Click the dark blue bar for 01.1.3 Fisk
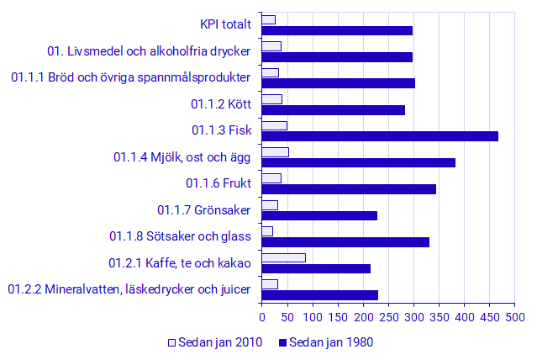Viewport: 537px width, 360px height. (380, 136)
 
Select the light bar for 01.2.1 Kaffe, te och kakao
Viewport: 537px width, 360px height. (283, 257)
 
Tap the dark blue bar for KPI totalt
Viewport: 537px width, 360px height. (337, 30)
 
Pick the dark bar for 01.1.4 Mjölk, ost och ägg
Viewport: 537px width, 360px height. (358, 162)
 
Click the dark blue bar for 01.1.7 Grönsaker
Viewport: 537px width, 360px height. (319, 215)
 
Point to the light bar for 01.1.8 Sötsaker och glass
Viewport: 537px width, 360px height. (267, 231)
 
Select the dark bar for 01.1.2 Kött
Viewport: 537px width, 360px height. (333, 109)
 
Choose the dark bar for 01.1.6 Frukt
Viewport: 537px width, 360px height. (349, 188)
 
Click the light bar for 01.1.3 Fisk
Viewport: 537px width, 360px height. (274, 125)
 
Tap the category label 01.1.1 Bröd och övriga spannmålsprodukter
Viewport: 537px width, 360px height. (130, 77)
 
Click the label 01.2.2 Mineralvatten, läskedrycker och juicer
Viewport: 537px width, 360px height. (129, 289)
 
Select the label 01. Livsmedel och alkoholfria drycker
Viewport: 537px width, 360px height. (149, 51)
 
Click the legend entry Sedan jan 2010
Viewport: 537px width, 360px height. (215, 342)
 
